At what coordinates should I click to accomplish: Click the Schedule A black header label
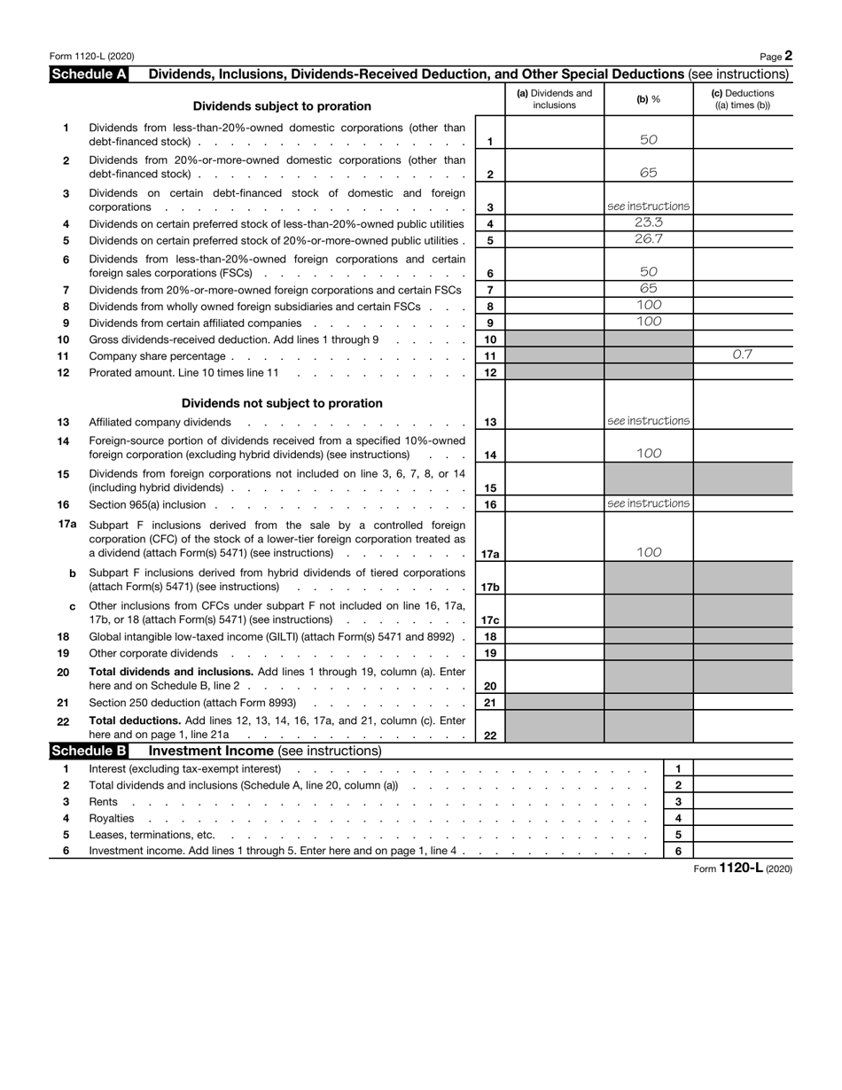point(90,74)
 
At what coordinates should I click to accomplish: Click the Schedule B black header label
point(90,751)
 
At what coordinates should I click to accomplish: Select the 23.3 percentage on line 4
point(649,223)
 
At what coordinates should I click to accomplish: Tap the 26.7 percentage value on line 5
point(649,239)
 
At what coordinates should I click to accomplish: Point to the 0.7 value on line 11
point(742,354)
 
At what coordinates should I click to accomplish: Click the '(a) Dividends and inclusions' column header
point(554,99)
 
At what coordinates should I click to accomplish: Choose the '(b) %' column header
point(649,99)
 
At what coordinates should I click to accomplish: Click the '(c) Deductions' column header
point(742,99)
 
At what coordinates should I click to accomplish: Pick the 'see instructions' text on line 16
point(649,503)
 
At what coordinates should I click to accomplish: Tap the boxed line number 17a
point(490,554)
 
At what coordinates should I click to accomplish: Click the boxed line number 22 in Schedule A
point(490,735)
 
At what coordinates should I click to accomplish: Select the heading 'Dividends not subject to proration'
point(282,403)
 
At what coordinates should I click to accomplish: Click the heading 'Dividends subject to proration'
point(282,106)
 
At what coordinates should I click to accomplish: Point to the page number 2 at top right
point(788,56)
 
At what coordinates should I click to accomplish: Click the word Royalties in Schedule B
point(112,818)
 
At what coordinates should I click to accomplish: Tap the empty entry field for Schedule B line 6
point(742,851)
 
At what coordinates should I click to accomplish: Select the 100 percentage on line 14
point(649,454)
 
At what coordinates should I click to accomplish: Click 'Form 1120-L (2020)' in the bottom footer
point(743,868)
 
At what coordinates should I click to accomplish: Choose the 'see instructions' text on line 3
point(649,206)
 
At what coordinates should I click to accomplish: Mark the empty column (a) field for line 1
point(554,135)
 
